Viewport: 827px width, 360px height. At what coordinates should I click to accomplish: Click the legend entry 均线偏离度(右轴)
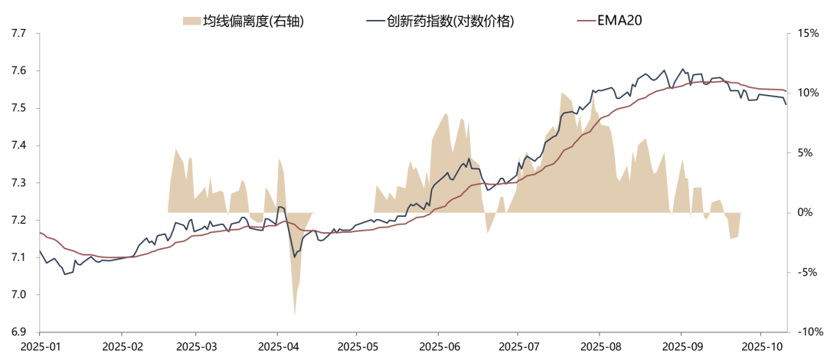pyautogui.click(x=253, y=21)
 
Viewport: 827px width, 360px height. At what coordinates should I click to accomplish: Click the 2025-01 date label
pyautogui.click(x=40, y=347)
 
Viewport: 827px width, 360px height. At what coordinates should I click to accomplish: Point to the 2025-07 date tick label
pyautogui.click(x=518, y=347)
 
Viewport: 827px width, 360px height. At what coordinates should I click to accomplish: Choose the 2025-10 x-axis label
pyautogui.click(x=760, y=347)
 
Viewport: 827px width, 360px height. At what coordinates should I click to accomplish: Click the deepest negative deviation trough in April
pyautogui.click(x=295, y=313)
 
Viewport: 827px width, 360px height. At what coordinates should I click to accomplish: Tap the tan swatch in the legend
pyautogui.click(x=191, y=21)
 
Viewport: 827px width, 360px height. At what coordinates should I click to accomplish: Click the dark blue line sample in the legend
pyautogui.click(x=374, y=21)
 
